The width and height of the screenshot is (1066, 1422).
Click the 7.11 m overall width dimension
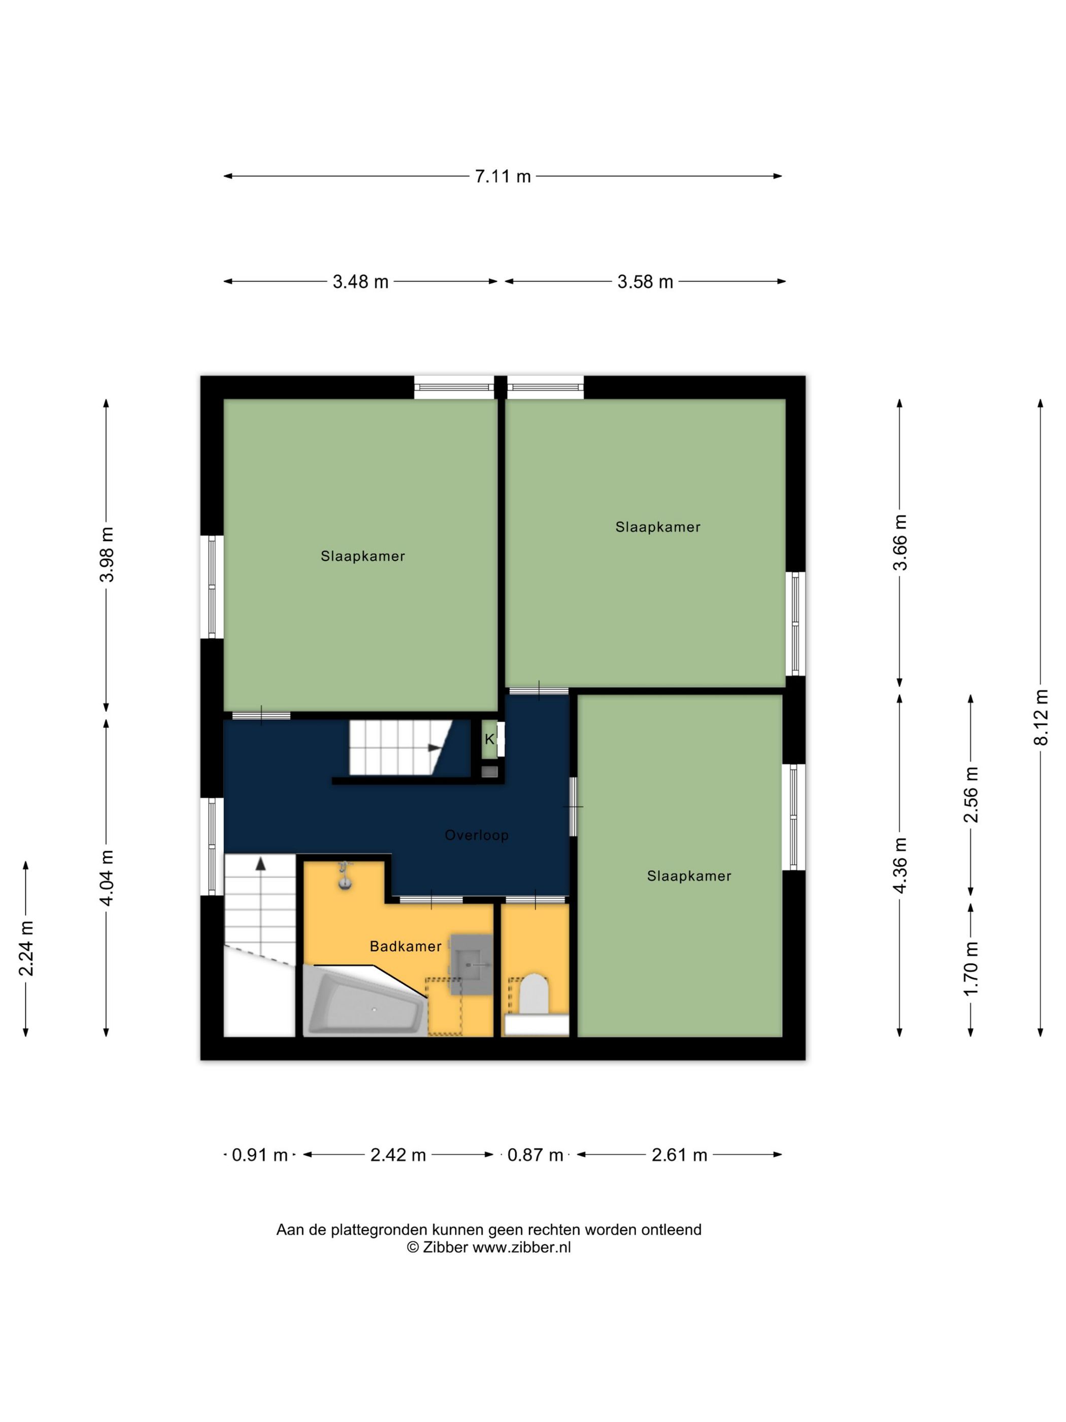point(503,176)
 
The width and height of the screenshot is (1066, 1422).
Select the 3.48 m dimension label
point(360,281)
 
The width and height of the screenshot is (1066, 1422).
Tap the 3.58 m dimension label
point(645,281)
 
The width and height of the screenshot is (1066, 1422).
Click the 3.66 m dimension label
point(900,542)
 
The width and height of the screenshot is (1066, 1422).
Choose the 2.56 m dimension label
point(971,795)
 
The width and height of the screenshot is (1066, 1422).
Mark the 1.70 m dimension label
point(971,968)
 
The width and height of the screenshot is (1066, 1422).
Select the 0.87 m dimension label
point(535,1155)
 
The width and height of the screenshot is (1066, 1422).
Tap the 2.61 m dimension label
point(679,1155)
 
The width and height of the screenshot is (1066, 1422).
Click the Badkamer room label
point(406,946)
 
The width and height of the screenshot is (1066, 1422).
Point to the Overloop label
point(477,835)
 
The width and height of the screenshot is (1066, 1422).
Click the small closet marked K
point(490,739)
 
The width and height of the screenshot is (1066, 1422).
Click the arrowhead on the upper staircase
point(435,748)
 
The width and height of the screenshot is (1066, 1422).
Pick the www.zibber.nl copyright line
point(488,1247)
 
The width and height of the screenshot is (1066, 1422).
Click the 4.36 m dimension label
point(900,865)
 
